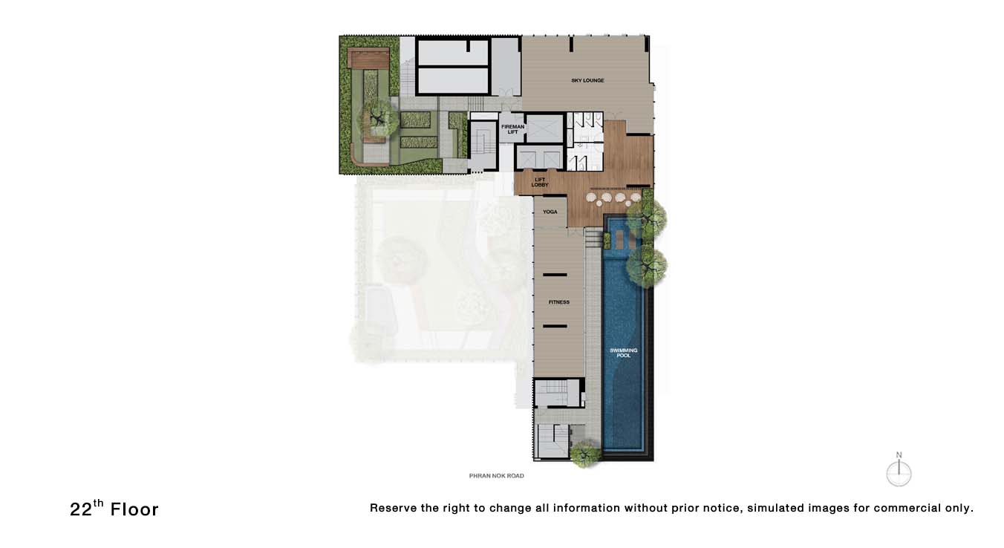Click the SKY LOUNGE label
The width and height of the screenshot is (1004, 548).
pos(587,81)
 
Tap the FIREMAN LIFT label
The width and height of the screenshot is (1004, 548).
pos(512,129)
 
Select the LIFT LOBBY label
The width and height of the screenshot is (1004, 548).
pos(540,183)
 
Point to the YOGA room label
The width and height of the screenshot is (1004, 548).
pos(550,212)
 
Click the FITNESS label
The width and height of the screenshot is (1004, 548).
pos(559,302)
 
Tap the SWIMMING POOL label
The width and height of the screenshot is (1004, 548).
pos(623,353)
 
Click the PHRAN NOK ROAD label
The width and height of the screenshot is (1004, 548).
pos(496,476)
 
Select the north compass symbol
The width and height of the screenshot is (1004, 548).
pos(899,471)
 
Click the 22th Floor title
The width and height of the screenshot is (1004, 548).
pos(114,509)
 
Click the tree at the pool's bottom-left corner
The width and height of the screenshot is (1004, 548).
pos(585,454)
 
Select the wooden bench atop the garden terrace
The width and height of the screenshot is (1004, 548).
pos(369,58)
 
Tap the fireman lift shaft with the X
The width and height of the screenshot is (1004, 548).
pos(544,128)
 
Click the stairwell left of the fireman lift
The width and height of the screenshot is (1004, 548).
pos(484,145)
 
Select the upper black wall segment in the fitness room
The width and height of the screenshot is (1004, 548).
pos(555,275)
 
